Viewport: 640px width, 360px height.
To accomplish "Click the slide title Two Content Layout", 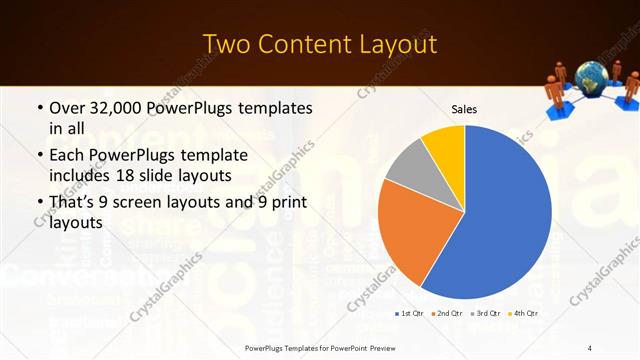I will click(320, 44).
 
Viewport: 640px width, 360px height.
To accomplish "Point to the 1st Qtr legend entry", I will click(409, 313).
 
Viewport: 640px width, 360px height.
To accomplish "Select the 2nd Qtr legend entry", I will click(446, 313).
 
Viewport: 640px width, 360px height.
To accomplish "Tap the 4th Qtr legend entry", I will click(521, 313).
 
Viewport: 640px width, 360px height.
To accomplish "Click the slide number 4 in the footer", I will click(589, 347).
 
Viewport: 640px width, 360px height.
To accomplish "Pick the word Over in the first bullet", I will click(67, 107).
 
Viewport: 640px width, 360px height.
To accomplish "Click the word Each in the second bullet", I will click(67, 156).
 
